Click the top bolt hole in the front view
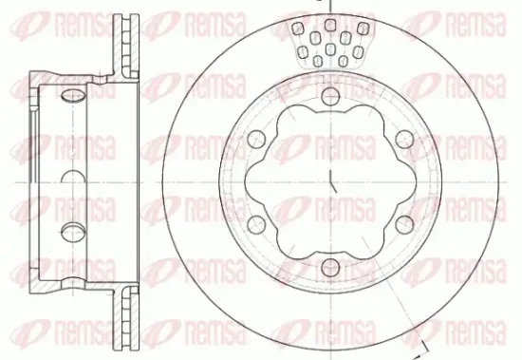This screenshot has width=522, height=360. click(328, 96)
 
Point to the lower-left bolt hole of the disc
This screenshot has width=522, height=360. click(255, 222)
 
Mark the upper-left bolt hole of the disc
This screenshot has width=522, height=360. click(255, 139)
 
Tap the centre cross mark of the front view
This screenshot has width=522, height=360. click(328, 180)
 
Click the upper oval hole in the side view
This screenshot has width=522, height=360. click(71, 96)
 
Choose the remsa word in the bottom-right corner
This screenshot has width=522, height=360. click(479, 336)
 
